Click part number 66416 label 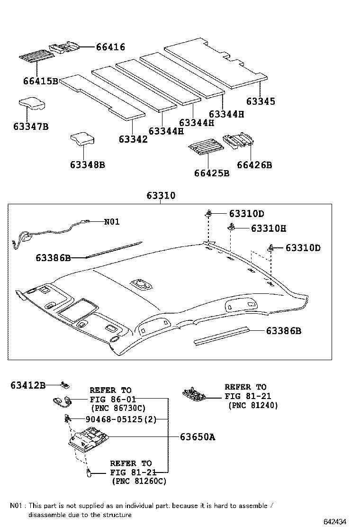(110, 47)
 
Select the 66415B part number (40, 81)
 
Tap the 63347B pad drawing (32, 104)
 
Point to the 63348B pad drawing (82, 138)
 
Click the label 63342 (133, 139)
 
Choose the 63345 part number (261, 101)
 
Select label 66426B (254, 165)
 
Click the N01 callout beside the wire (112, 221)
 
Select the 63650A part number (197, 437)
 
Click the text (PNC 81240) (253, 405)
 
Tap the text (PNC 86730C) (117, 408)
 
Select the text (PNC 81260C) (139, 481)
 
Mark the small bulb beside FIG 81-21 (88, 472)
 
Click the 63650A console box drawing (88, 438)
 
